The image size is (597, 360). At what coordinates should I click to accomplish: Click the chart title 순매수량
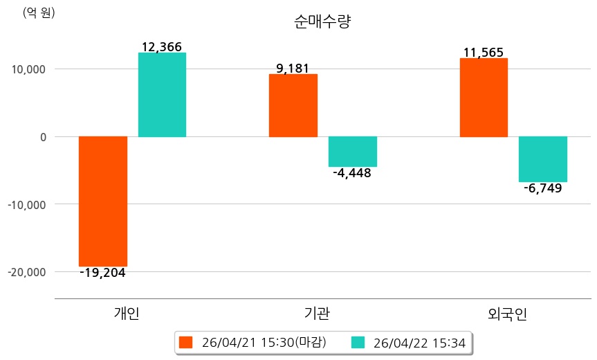pyautogui.click(x=323, y=21)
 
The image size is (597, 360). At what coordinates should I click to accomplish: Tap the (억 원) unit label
pyautogui.click(x=39, y=12)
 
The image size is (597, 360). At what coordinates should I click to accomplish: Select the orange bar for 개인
pyautogui.click(x=103, y=201)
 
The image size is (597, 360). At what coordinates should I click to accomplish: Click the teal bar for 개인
pyautogui.click(x=162, y=95)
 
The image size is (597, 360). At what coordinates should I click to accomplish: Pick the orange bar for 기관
pyautogui.click(x=293, y=105)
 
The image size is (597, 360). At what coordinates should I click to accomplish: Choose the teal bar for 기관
pyautogui.click(x=352, y=152)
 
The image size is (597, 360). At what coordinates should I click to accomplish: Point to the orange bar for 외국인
pyautogui.click(x=484, y=97)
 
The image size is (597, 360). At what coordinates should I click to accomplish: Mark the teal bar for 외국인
pyautogui.click(x=543, y=159)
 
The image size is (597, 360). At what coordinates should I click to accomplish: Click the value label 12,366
pyautogui.click(x=161, y=47)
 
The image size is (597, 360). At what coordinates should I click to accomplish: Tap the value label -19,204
pyautogui.click(x=102, y=273)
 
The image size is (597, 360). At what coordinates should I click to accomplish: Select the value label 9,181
pyautogui.click(x=293, y=69)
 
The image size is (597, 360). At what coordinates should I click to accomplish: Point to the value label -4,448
pyautogui.click(x=352, y=173)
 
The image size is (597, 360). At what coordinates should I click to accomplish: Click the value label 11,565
pyautogui.click(x=484, y=53)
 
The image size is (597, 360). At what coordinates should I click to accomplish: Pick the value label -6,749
pyautogui.click(x=542, y=188)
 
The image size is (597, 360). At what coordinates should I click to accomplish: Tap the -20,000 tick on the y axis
pyautogui.click(x=26, y=272)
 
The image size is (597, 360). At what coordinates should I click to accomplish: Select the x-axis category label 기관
pyautogui.click(x=317, y=314)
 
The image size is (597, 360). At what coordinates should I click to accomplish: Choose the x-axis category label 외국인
pyautogui.click(x=507, y=314)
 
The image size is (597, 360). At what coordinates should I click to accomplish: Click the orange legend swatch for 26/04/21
pyautogui.click(x=185, y=342)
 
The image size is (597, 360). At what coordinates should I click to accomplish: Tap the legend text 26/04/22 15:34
pyautogui.click(x=419, y=342)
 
